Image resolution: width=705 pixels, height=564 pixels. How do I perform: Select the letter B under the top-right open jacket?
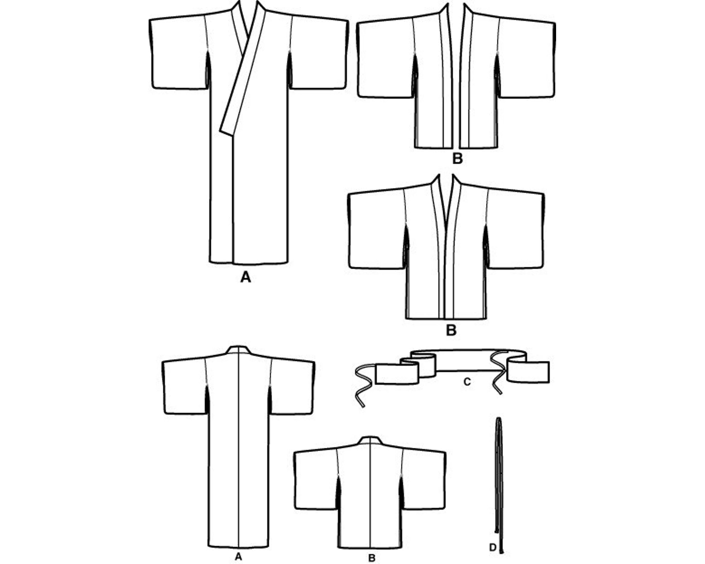tap(457, 158)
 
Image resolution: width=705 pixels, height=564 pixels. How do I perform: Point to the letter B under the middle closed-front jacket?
tap(451, 331)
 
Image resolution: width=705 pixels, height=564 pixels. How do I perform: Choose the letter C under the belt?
tap(467, 382)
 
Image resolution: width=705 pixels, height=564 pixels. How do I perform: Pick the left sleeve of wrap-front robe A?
tap(178, 54)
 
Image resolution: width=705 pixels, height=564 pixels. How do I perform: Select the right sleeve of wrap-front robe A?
tap(319, 54)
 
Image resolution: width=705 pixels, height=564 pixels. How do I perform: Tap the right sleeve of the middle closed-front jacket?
tap(515, 229)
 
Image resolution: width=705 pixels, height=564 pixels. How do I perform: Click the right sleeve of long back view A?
tap(292, 387)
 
